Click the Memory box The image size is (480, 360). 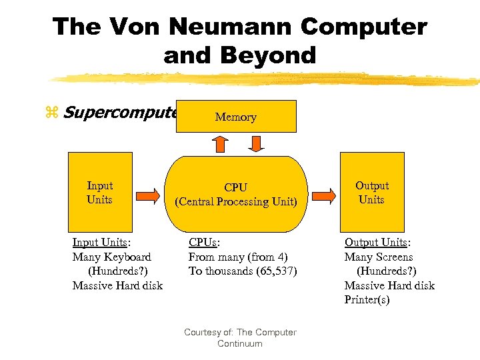click(x=236, y=117)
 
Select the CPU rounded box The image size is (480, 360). click(x=236, y=193)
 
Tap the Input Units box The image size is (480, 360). click(x=100, y=193)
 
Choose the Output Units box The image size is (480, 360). click(x=371, y=192)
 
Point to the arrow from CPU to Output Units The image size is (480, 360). click(x=324, y=195)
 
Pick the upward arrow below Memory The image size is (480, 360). click(x=219, y=143)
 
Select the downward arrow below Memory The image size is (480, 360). click(x=256, y=143)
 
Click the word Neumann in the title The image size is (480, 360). click(x=230, y=27)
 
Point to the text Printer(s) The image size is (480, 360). click(x=367, y=299)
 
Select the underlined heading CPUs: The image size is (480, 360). click(x=204, y=243)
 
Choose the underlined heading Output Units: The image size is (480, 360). click(x=377, y=243)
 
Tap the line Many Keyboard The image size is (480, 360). click(x=111, y=257)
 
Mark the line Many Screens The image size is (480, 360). click(x=378, y=257)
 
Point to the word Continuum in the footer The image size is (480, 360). click(x=240, y=343)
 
